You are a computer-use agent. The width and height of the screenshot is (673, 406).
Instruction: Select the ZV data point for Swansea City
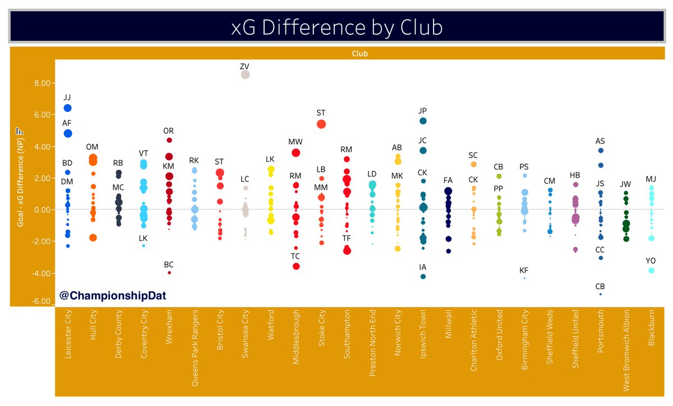tap(245, 74)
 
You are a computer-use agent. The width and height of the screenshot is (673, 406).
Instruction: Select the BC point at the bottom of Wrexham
tap(169, 273)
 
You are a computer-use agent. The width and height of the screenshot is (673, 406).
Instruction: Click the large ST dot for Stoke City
tap(321, 124)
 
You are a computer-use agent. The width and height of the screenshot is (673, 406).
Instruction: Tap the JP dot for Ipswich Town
tap(423, 121)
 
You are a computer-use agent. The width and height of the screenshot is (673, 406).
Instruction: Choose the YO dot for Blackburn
tap(651, 270)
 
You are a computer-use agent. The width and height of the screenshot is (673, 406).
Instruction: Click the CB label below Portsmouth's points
tap(600, 286)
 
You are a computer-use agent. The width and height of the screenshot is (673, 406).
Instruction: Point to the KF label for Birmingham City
tap(524, 270)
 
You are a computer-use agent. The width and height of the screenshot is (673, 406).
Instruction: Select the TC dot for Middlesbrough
tap(296, 266)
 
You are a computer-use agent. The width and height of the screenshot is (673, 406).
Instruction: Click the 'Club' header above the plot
tap(359, 54)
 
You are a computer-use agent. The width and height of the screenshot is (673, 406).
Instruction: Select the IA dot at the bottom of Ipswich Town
tap(423, 277)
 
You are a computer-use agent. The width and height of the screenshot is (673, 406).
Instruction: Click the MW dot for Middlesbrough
tap(296, 153)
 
